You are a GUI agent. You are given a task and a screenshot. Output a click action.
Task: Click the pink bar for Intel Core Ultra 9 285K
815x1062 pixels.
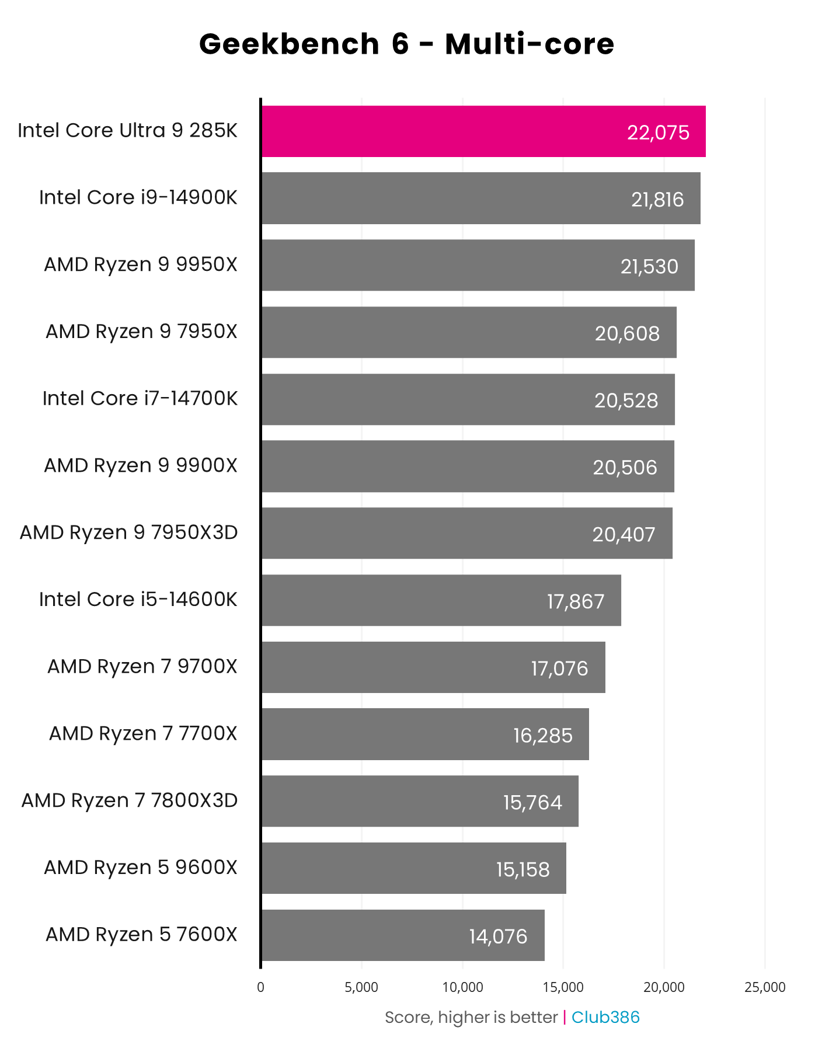(444, 131)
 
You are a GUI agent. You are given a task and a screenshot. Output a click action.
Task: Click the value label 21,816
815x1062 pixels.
(657, 200)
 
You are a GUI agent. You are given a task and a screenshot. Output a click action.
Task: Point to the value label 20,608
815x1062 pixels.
(627, 333)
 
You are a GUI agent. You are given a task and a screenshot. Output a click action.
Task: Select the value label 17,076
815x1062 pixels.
(559, 668)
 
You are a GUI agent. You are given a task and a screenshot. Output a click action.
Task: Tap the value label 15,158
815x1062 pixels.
(523, 869)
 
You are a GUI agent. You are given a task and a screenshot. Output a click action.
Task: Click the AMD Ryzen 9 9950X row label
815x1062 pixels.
(141, 264)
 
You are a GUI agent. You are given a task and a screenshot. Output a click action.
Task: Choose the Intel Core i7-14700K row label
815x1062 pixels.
(140, 398)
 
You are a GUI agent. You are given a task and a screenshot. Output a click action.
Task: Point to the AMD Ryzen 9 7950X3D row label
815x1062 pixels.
(129, 532)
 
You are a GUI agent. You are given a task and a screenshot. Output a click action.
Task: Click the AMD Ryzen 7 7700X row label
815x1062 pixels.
(143, 733)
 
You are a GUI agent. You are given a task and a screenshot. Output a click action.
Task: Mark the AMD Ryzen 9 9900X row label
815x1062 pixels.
(141, 465)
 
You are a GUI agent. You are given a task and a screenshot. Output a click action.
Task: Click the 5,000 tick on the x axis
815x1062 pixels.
(361, 987)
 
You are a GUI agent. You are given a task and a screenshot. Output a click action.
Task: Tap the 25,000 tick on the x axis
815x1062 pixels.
(765, 987)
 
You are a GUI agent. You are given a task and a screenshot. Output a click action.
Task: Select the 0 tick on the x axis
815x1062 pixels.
(260, 987)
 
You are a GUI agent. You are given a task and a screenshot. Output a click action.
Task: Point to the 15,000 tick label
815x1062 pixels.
(563, 987)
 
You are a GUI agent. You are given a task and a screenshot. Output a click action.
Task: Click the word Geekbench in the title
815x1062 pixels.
(289, 44)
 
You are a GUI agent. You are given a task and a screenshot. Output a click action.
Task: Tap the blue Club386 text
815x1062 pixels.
(605, 1018)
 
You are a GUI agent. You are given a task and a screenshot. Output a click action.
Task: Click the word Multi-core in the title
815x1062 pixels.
(530, 44)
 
